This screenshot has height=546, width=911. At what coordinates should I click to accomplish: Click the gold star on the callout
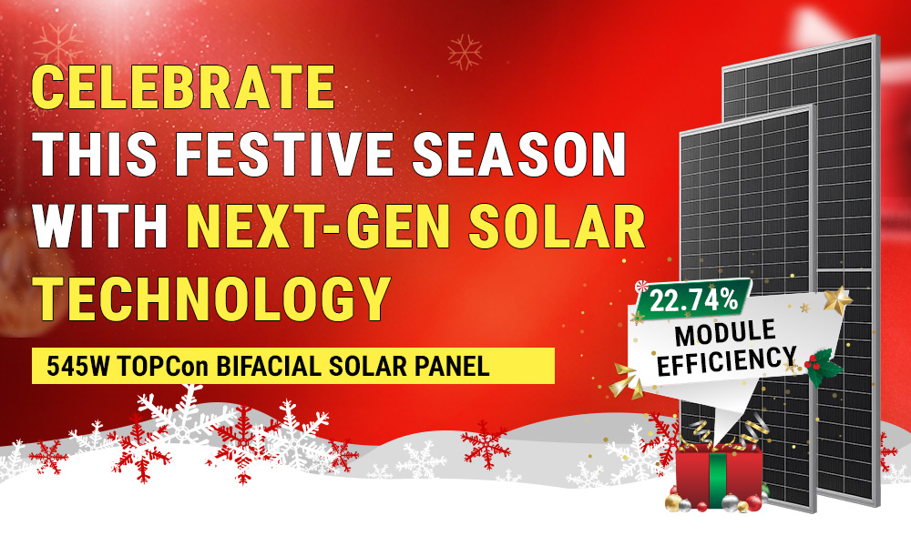[836, 300]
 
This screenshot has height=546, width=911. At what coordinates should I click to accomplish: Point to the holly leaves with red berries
[824, 363]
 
